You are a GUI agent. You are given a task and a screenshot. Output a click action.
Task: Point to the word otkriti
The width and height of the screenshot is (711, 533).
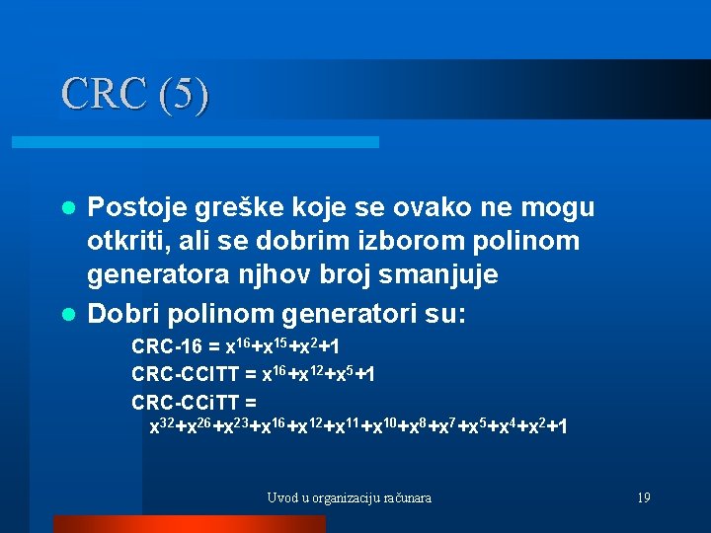(x=121, y=241)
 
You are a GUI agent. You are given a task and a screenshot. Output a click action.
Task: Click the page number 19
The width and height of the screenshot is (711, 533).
(x=643, y=498)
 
